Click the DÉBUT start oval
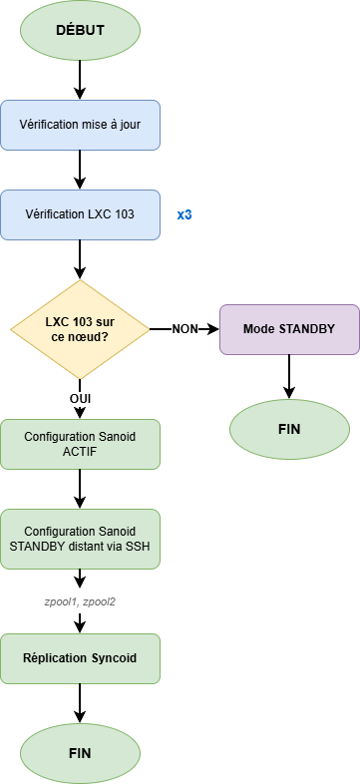[80, 30]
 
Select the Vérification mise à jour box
[80, 125]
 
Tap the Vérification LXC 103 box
[80, 214]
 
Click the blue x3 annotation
[184, 214]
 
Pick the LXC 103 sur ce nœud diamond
[79, 329]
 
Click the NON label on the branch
[185, 328]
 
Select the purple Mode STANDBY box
[289, 329]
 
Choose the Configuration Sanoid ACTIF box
[80, 444]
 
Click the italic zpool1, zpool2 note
[80, 601]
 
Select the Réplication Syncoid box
[80, 658]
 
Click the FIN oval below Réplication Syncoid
[80, 752]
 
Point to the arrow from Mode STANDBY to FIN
[289, 376]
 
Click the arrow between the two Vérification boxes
[80, 170]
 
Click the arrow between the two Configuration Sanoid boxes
[80, 489]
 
